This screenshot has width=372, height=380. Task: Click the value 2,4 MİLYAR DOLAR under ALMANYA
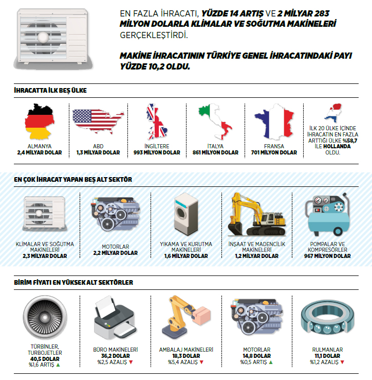point(39,152)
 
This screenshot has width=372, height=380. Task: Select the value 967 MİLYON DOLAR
point(327,255)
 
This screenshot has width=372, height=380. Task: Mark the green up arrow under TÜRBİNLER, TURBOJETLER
point(58,365)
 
